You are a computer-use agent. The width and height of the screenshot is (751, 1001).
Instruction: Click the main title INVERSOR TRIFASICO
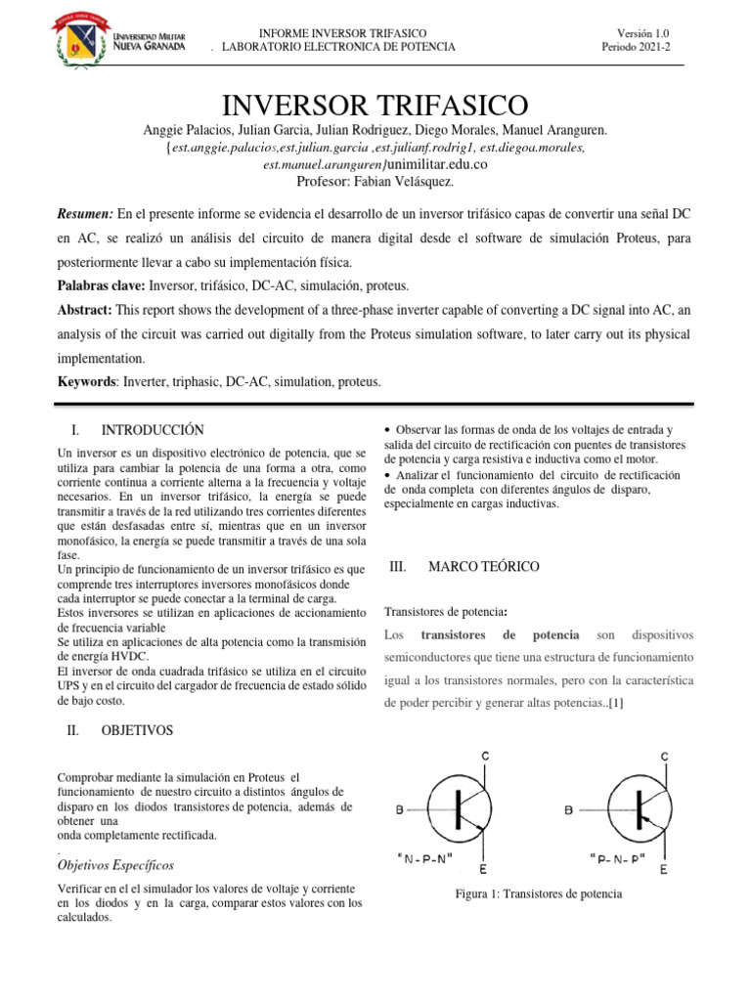coord(375,106)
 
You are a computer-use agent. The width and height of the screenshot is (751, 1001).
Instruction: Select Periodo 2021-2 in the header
coord(637,47)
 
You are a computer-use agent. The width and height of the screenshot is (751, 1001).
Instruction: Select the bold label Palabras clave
coord(102,285)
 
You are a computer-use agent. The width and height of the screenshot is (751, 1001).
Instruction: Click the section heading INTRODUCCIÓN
coord(152,429)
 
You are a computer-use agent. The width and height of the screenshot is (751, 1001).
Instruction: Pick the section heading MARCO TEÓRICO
coord(483,567)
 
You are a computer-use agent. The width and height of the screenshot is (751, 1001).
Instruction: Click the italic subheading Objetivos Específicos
coord(116,865)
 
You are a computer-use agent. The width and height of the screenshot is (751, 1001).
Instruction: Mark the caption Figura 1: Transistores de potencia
coord(539,894)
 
